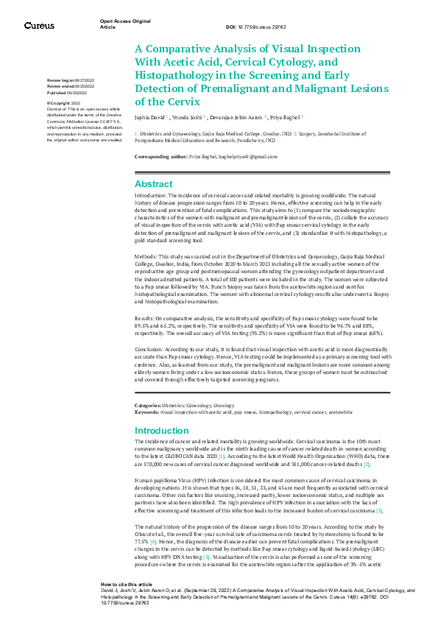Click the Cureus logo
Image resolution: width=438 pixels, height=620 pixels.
click(x=39, y=26)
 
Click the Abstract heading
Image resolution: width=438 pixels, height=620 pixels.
click(x=153, y=184)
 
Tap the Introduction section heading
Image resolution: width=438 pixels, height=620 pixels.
click(x=162, y=430)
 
